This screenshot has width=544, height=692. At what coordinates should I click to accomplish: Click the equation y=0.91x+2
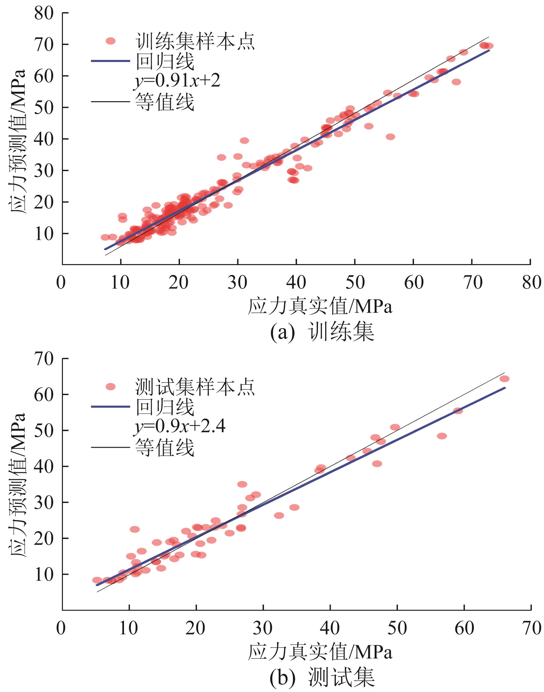177,82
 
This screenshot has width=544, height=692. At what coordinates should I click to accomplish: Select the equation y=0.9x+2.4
179,427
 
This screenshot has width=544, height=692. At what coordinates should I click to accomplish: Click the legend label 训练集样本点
195,41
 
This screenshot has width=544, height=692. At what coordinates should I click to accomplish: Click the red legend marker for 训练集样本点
111,41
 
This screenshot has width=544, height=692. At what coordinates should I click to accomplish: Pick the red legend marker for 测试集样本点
111,387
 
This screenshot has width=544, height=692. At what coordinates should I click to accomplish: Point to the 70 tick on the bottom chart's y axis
44,359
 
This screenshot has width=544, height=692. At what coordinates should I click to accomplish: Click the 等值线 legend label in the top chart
164,102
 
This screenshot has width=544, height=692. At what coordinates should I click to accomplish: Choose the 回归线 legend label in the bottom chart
165,407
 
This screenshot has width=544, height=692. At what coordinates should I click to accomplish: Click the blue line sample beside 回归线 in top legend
111,61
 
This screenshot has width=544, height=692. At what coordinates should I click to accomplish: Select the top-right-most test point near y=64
504,379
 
